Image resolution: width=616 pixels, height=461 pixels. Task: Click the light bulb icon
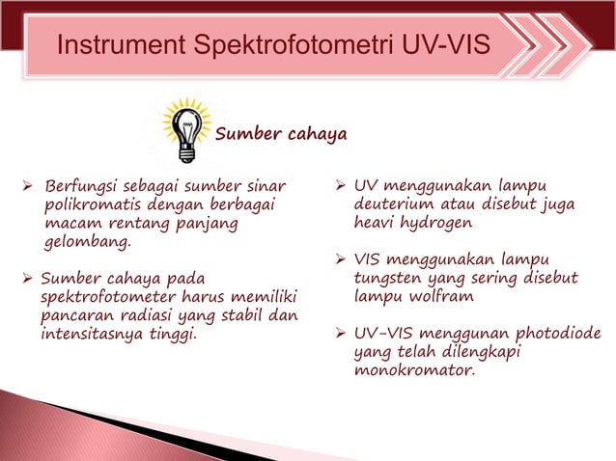(x=183, y=128)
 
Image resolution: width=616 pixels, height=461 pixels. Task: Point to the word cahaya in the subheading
(x=316, y=134)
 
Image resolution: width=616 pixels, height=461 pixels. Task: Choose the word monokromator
(x=415, y=369)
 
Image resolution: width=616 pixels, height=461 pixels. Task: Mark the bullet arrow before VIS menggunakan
(x=339, y=259)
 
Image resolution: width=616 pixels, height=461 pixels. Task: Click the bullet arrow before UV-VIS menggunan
(x=339, y=334)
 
